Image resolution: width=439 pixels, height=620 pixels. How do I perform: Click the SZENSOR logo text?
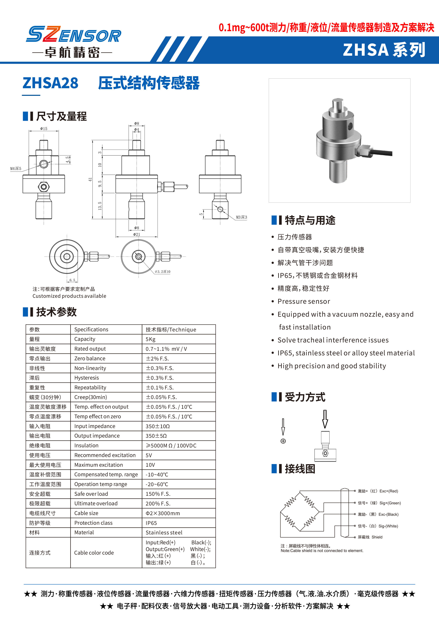[x=73, y=35]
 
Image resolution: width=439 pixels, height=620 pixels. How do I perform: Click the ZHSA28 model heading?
[x=51, y=83]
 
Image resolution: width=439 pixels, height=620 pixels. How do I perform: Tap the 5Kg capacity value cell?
[x=151, y=339]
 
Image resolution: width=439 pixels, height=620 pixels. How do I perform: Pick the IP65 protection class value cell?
[x=151, y=523]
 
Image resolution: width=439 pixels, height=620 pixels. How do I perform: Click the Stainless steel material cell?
[x=164, y=532]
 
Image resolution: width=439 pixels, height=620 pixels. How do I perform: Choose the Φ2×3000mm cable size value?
[x=163, y=513]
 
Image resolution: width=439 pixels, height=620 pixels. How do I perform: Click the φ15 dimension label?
[x=44, y=129]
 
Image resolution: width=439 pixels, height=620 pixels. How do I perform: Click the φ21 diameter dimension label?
[x=136, y=234]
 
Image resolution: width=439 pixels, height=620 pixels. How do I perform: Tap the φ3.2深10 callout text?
[x=163, y=272]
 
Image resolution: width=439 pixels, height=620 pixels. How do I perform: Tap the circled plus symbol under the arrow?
[x=283, y=441]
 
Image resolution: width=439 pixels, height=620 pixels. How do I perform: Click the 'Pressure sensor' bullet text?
[x=304, y=301]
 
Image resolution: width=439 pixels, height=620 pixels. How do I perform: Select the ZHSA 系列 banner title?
[x=384, y=50]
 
